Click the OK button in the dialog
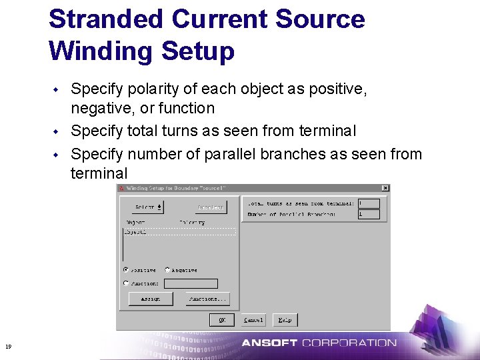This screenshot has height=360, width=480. pyautogui.click(x=221, y=320)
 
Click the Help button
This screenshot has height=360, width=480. pyautogui.click(x=285, y=320)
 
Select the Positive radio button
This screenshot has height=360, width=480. pyautogui.click(x=126, y=270)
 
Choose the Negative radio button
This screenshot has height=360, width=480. pyautogui.click(x=167, y=270)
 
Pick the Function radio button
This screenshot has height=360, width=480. pyautogui.click(x=126, y=283)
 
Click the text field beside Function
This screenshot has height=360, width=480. pyautogui.click(x=191, y=283)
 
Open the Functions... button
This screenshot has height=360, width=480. pyautogui.click(x=208, y=299)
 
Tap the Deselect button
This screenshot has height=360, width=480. pyautogui.click(x=211, y=207)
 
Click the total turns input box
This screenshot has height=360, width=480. pyautogui.click(x=368, y=203)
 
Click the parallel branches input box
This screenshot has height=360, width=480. pyautogui.click(x=368, y=215)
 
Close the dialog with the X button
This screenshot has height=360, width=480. pyautogui.click(x=385, y=189)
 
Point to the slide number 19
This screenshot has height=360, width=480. pyautogui.click(x=8, y=346)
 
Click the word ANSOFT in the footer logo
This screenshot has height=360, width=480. pyautogui.click(x=269, y=343)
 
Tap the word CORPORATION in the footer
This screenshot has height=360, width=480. pyautogui.click(x=349, y=343)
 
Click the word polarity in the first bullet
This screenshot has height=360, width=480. pyautogui.click(x=143, y=89)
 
